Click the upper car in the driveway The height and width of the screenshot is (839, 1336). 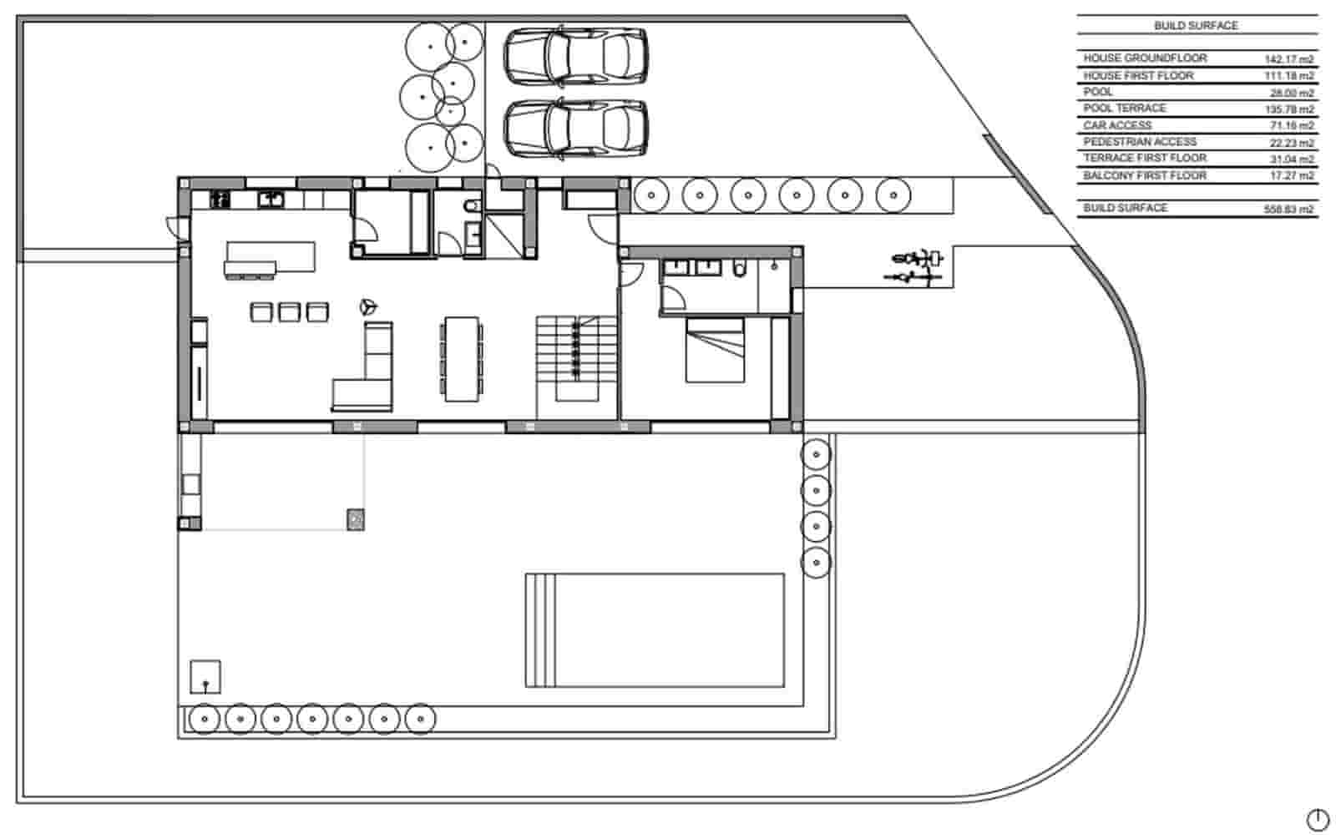(x=576, y=56)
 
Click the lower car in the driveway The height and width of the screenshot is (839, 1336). (x=576, y=128)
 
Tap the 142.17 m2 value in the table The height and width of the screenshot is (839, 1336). (x=1288, y=59)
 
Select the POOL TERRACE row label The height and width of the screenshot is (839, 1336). (x=1125, y=109)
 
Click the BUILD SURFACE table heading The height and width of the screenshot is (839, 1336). (x=1196, y=26)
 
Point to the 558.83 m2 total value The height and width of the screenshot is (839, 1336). (x=1288, y=210)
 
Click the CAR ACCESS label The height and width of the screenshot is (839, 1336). (x=1117, y=125)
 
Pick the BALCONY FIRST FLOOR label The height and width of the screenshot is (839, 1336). (x=1145, y=175)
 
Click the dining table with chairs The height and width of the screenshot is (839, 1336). (x=462, y=358)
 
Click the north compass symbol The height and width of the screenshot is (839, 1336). (x=1318, y=820)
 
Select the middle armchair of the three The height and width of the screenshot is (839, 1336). (x=289, y=312)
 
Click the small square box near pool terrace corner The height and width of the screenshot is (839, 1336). (x=205, y=676)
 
